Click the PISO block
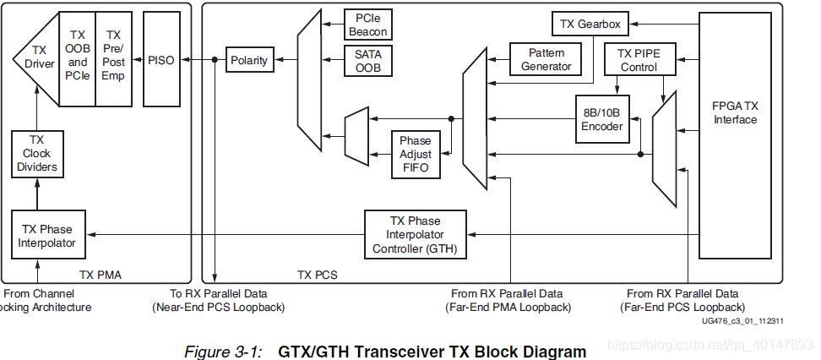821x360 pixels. pos(160,59)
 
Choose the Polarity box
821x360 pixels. pos(248,60)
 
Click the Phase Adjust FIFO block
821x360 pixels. pos(415,155)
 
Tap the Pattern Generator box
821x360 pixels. pos(546,59)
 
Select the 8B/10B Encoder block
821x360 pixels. pos(601,118)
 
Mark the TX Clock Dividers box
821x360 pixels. pos(35,153)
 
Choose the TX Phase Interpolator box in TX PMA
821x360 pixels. pos(47,236)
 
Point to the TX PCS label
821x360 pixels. pos(318,275)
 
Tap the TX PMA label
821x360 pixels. pos(98,275)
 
